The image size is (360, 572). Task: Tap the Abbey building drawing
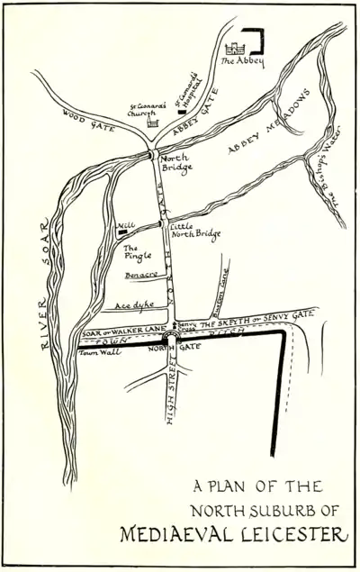click(x=239, y=47)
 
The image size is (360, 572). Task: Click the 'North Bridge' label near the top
click(x=174, y=162)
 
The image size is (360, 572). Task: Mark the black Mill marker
click(x=121, y=232)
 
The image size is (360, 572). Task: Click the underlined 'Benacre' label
click(x=141, y=274)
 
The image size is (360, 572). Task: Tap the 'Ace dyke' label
click(x=127, y=304)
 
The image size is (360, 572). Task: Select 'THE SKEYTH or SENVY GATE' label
click(x=256, y=319)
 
